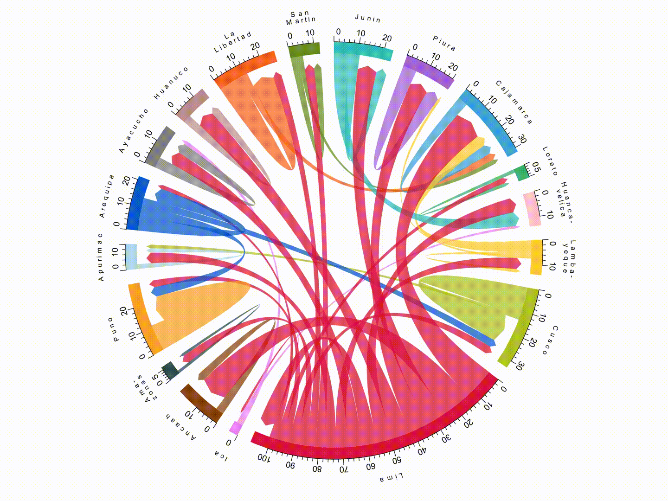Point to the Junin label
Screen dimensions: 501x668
tap(368, 19)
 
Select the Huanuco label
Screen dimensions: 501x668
tap(172, 83)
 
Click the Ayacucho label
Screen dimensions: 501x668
tap(134, 130)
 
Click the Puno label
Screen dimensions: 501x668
tap(113, 329)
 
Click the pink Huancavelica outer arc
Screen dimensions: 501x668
tap(532, 209)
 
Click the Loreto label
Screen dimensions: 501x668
tap(550, 161)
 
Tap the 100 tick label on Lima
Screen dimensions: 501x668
tap(263, 458)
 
